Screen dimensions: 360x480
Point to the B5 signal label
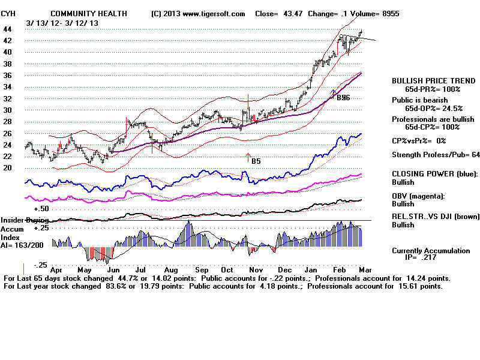click(x=256, y=161)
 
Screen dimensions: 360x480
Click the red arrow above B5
click(x=248, y=158)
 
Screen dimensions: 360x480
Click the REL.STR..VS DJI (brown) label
click(x=435, y=217)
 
